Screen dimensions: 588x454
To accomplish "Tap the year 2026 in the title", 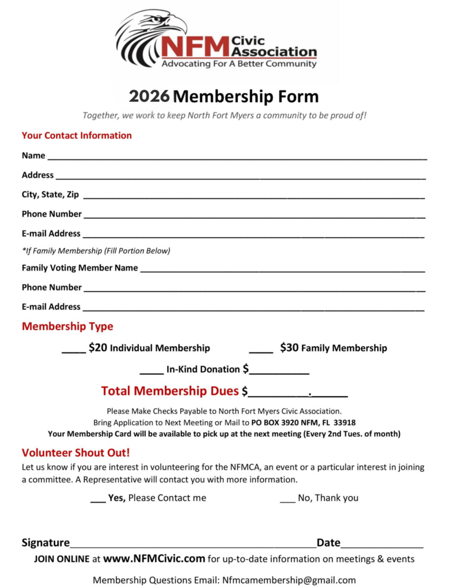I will point(149,96).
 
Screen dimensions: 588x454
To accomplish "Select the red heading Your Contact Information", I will point(76,136).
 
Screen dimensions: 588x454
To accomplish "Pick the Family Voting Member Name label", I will point(80,268).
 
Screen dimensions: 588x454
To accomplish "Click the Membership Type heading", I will point(67,326).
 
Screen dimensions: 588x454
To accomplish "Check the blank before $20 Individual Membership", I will point(73,350).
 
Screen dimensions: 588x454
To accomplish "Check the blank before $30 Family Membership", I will point(261,350).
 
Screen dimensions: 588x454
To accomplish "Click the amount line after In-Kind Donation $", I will point(279,372).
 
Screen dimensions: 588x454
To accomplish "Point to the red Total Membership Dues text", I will point(169,391).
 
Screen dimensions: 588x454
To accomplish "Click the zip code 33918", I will point(344,422).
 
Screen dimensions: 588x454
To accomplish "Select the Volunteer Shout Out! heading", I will point(76,452).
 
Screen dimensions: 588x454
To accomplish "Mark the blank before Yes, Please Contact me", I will point(98,500).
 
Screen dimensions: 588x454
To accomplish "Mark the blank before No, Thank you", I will point(287,500).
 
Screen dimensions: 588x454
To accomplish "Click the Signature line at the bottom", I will point(192,544).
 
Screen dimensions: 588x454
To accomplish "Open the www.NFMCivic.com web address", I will point(154,558).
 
